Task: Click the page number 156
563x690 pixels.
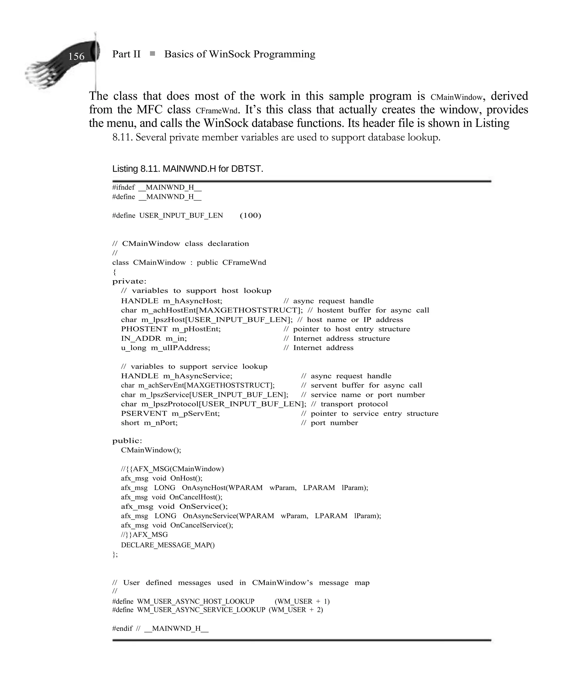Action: click(x=76, y=56)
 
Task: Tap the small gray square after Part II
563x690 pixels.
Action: click(x=152, y=54)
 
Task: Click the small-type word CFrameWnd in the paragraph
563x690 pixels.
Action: click(x=217, y=111)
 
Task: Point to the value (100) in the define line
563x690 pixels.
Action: click(x=250, y=215)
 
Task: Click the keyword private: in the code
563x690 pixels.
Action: click(x=129, y=281)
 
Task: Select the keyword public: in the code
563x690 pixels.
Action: click(x=127, y=441)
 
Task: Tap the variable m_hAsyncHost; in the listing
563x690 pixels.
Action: click(x=193, y=301)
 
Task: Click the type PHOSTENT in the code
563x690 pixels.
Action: click(x=144, y=329)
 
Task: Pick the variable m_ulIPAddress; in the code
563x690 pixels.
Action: click(x=180, y=348)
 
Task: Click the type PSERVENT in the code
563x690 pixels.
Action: click(x=144, y=414)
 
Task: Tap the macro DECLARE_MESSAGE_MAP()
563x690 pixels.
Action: click(x=168, y=545)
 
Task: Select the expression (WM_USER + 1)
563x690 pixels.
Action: click(x=302, y=601)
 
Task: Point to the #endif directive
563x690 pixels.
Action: click(x=122, y=628)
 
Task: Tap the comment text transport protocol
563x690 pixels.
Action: click(x=354, y=404)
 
